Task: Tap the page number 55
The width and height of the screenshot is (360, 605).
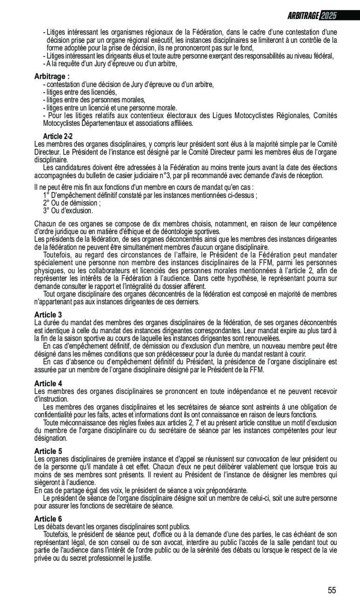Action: pos(332,591)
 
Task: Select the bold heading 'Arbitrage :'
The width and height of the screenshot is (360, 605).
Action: pos(52,76)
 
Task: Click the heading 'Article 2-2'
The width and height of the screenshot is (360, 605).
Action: pos(58,136)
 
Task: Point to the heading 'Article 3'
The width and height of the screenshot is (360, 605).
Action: pos(48,315)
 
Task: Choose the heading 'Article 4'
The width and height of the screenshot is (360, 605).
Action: pos(48,383)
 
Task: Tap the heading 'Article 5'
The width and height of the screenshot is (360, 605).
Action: pos(48,451)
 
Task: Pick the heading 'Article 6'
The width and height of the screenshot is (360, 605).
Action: pos(48,518)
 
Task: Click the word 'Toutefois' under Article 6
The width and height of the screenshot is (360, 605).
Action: pos(57,534)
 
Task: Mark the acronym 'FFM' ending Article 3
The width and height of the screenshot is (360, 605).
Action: pos(257,370)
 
